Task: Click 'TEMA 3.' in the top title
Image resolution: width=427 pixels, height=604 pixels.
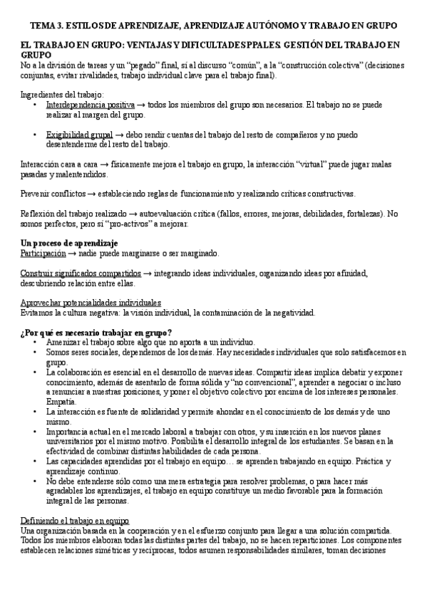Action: [x=41, y=25]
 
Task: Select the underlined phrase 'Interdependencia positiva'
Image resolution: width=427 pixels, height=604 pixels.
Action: [x=89, y=104]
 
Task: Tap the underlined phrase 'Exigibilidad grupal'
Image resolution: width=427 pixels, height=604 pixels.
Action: [x=79, y=133]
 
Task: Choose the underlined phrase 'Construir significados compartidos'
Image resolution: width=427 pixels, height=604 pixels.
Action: [x=81, y=273]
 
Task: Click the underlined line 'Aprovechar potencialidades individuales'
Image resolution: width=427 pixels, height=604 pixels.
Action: [x=91, y=302]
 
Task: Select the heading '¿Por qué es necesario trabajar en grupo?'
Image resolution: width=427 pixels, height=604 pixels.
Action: [x=96, y=332]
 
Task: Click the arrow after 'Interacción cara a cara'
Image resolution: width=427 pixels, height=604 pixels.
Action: [x=104, y=164]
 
